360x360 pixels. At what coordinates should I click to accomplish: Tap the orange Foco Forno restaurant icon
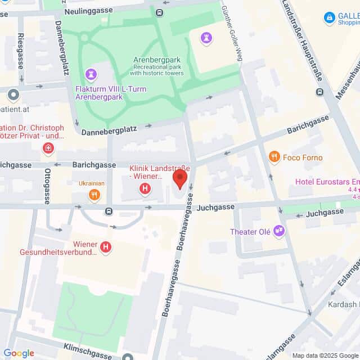click(x=274, y=157)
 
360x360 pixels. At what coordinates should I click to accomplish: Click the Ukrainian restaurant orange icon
click(x=94, y=195)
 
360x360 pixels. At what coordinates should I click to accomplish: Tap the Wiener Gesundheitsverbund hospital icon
click(x=105, y=247)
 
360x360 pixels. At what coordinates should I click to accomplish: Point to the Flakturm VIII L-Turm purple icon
click(x=91, y=74)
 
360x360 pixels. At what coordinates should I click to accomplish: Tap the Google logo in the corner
click(x=19, y=353)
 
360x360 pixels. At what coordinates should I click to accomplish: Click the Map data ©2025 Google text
click(x=325, y=355)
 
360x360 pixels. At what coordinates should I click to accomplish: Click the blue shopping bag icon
click(x=330, y=18)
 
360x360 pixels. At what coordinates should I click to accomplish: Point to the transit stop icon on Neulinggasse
click(x=160, y=12)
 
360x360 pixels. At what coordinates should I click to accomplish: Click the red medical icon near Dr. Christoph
click(x=49, y=148)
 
